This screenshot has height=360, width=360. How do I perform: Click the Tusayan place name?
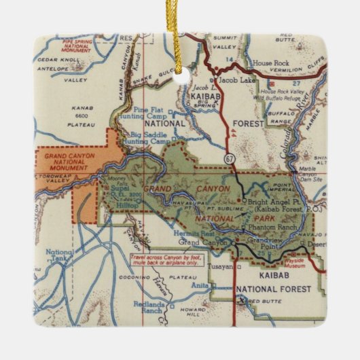[220, 266]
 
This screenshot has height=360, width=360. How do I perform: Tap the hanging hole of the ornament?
[181, 79]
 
